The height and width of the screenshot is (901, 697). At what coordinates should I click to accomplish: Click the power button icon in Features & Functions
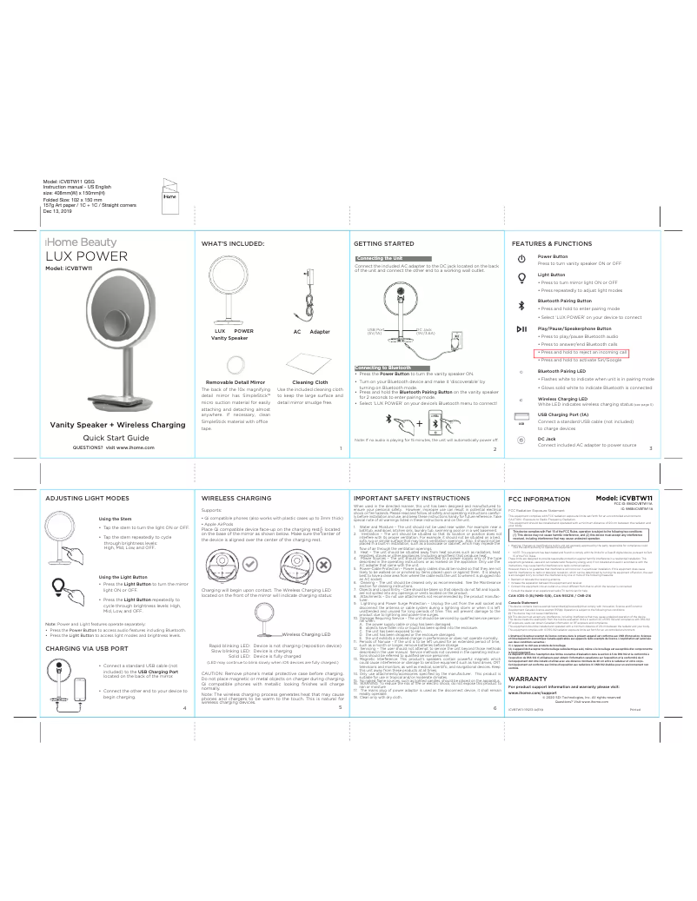tap(521, 259)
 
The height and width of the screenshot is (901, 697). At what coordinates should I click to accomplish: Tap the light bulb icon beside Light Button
tap(521, 278)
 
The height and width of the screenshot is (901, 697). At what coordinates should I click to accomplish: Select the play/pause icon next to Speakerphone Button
tap(521, 329)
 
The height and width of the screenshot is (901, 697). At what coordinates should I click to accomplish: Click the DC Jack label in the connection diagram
tap(424, 330)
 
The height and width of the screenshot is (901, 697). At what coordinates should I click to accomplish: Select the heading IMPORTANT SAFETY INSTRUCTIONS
tap(415, 500)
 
